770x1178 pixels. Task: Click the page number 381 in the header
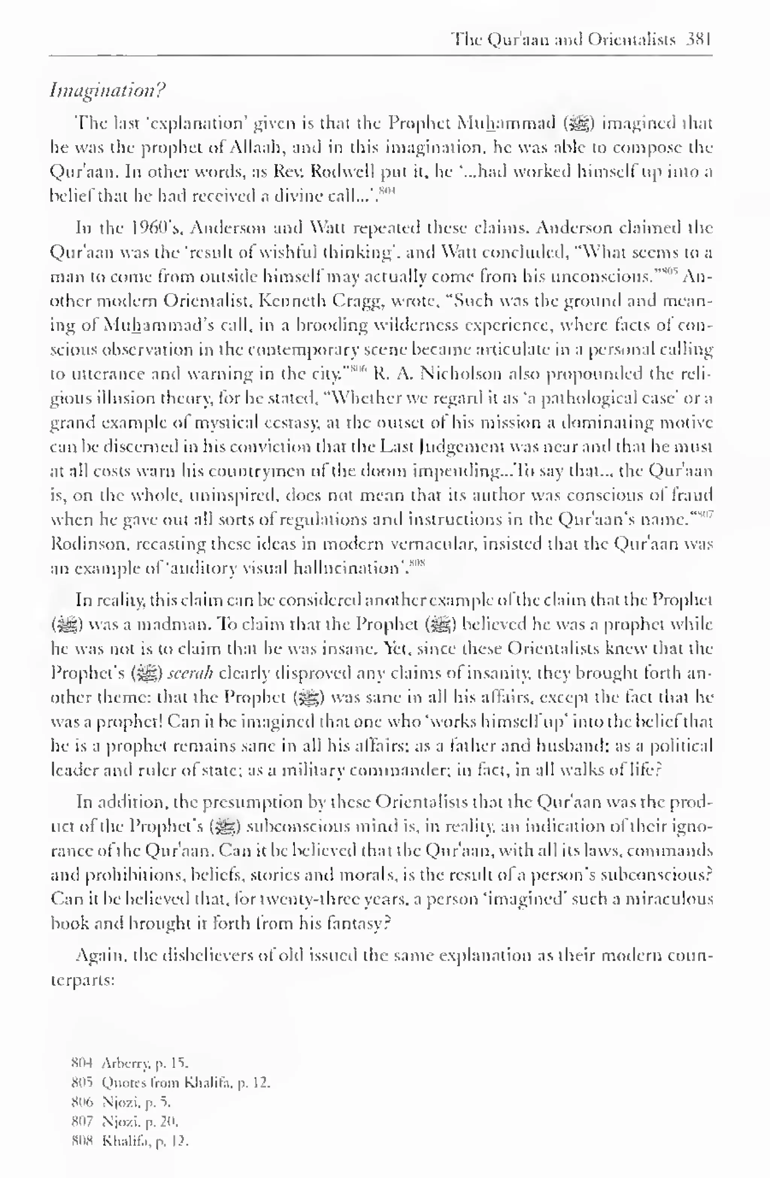coord(698,39)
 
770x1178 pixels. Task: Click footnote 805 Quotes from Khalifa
coord(171,1083)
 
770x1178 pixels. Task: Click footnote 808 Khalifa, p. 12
coord(130,1142)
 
